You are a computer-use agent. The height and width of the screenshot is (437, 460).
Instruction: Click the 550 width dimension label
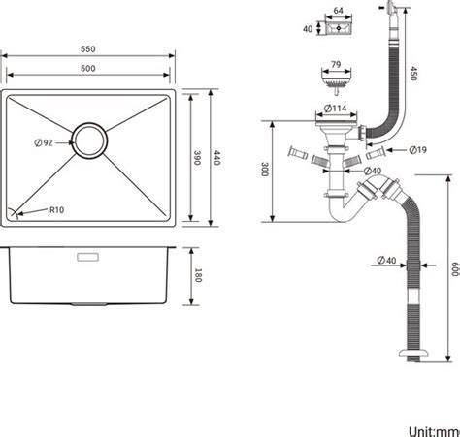(x=88, y=49)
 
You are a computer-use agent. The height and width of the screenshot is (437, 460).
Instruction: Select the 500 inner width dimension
(x=88, y=68)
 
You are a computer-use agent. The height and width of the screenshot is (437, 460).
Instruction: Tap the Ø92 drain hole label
(x=44, y=142)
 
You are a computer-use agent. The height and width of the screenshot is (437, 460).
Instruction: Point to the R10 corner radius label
(x=56, y=210)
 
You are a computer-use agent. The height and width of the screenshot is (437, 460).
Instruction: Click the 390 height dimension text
(x=197, y=158)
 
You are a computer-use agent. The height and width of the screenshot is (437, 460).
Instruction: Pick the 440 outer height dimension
(x=216, y=158)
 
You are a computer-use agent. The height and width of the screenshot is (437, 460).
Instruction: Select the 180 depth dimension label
(x=198, y=275)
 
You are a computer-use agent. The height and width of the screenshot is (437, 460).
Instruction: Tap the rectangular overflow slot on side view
(x=88, y=257)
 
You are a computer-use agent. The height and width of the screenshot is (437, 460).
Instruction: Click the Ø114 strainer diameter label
(x=336, y=109)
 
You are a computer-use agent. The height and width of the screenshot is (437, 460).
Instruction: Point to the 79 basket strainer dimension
(x=336, y=65)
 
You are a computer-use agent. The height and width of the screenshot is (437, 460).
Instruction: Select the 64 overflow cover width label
(x=338, y=11)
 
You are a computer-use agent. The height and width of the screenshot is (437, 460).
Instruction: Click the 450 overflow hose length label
(x=413, y=74)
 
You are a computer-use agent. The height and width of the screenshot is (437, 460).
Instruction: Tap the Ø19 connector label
(x=417, y=150)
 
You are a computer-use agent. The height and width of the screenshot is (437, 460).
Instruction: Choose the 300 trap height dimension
(x=265, y=170)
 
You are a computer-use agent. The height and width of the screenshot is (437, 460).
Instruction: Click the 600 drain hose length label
(x=455, y=269)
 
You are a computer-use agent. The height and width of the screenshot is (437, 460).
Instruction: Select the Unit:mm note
(x=434, y=431)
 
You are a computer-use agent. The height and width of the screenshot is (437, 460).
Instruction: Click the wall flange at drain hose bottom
(x=413, y=353)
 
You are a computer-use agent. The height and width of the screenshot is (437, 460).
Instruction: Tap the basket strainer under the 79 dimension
(x=336, y=82)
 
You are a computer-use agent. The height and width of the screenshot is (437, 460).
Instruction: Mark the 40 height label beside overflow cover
(x=308, y=29)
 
